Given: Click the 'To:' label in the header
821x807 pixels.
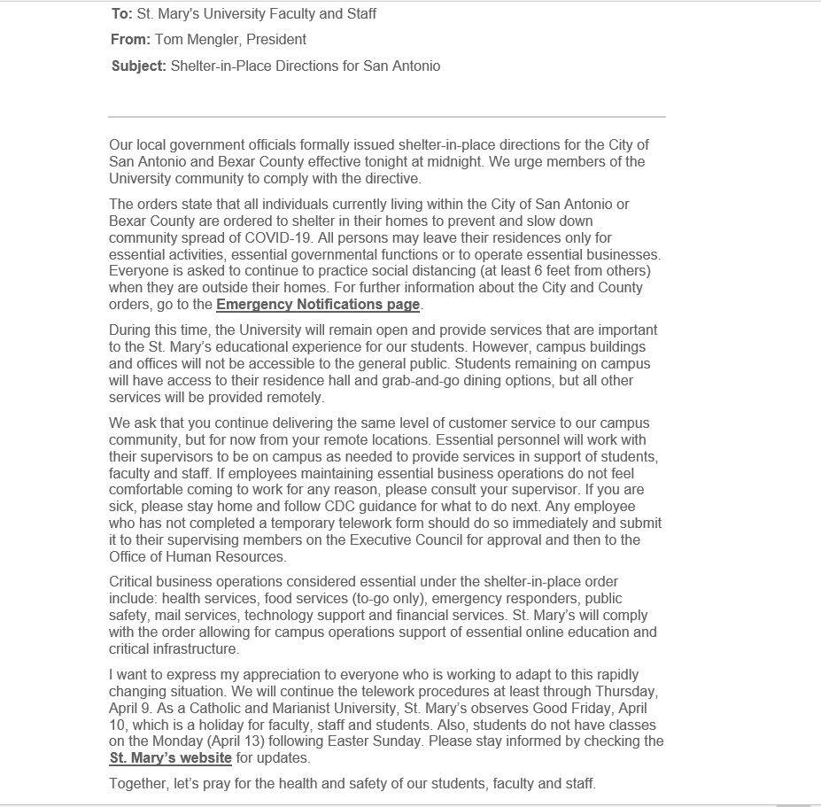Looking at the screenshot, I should tap(122, 13).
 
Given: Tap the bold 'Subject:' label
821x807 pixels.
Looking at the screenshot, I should tap(138, 66).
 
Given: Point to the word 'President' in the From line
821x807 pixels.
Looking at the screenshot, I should tap(276, 39).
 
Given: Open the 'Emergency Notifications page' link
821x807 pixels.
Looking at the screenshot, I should tap(318, 305).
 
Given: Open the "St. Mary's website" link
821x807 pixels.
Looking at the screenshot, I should tap(170, 758).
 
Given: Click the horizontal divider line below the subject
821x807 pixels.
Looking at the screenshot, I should tap(386, 116).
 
